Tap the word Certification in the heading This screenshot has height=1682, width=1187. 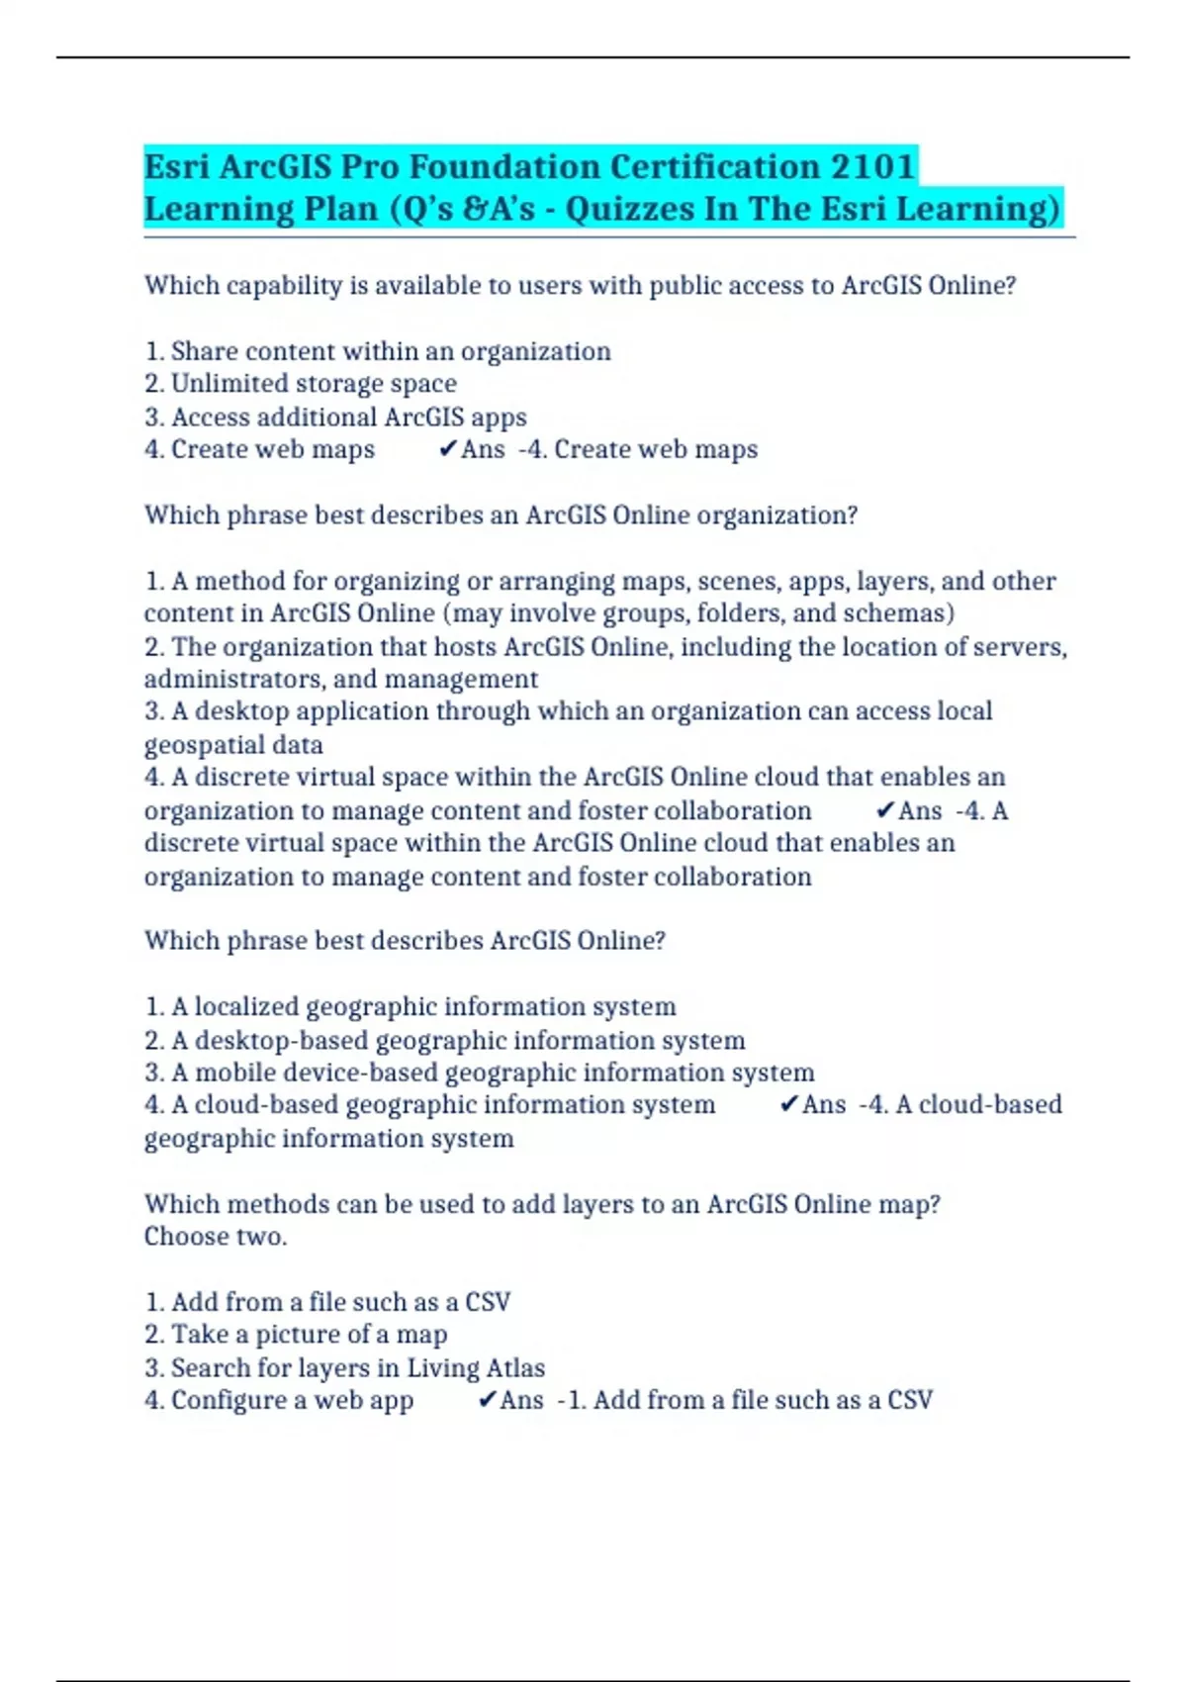[712, 166]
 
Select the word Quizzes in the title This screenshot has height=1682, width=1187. [630, 209]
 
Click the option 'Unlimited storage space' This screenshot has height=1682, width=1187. [301, 384]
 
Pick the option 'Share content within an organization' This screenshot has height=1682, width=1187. [378, 351]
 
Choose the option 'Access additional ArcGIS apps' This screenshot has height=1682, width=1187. [335, 417]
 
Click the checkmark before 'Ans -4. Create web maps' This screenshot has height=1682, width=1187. [447, 449]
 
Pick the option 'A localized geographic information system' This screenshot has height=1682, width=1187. [411, 1007]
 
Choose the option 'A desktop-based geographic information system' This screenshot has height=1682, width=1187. [445, 1040]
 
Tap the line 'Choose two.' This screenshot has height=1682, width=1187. [216, 1237]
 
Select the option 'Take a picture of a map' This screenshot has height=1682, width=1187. [296, 1335]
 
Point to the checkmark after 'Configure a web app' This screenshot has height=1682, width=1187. [487, 1400]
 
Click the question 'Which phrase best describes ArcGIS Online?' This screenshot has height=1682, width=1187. [405, 940]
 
